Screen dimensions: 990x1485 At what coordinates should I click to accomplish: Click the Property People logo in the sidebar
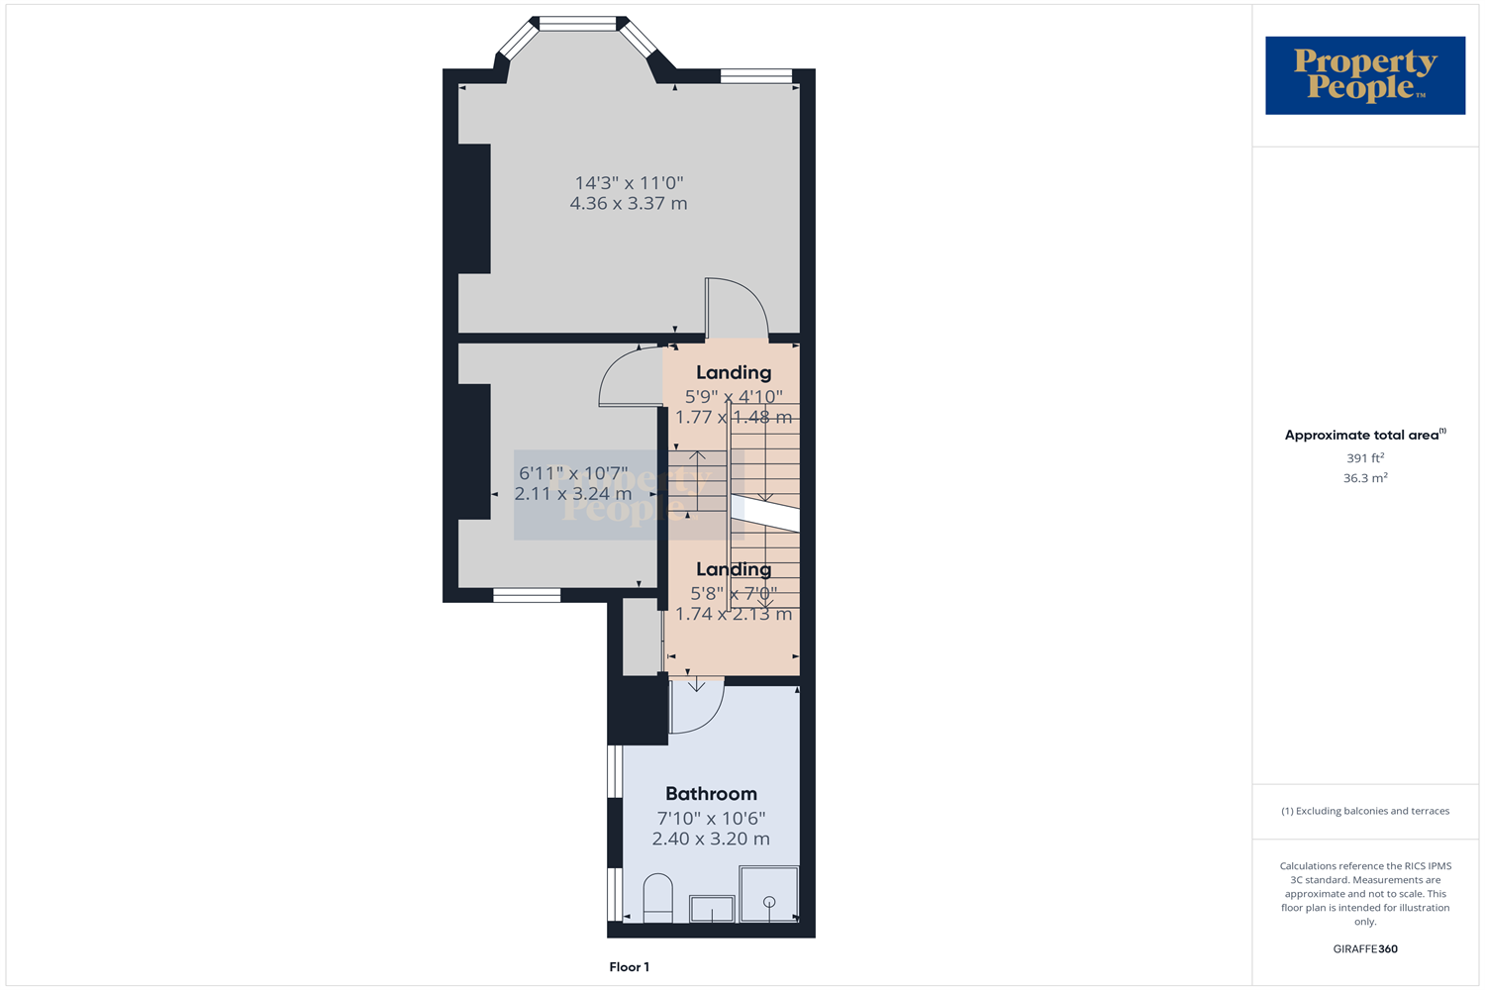(x=1364, y=75)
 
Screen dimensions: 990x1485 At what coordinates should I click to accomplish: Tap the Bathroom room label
(x=711, y=793)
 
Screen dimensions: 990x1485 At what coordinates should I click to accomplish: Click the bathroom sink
(x=712, y=908)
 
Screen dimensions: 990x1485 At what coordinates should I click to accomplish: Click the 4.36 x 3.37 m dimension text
(x=629, y=203)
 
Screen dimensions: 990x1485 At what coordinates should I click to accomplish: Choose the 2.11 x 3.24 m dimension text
(x=573, y=493)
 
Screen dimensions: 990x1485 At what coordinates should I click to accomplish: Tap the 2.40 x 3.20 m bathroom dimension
(x=711, y=839)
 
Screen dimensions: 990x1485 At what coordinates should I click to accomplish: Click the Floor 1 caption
(x=629, y=967)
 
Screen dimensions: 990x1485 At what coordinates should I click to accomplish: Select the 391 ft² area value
(x=1364, y=457)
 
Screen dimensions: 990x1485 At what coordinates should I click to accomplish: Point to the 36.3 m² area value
(x=1364, y=477)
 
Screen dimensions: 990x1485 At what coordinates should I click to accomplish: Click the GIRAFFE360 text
(x=1364, y=948)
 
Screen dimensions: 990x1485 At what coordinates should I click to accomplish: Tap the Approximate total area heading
(x=1364, y=435)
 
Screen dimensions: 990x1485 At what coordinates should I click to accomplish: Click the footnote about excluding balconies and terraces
(x=1364, y=811)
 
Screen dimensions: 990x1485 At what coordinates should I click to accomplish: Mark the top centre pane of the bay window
(x=578, y=24)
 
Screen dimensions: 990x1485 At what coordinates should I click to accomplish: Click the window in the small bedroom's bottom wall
(x=527, y=595)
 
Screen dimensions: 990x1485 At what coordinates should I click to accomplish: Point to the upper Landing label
(x=733, y=372)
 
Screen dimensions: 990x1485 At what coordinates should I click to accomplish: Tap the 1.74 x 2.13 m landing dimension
(x=733, y=614)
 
